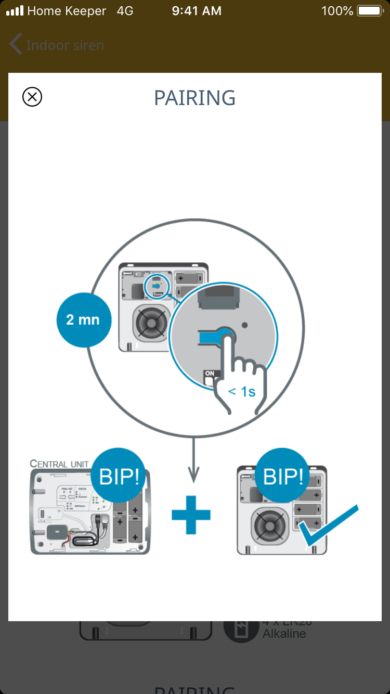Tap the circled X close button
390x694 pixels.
pyautogui.click(x=32, y=97)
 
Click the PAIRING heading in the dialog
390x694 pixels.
pyautogui.click(x=195, y=98)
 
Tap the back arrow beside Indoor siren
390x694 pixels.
pyautogui.click(x=16, y=45)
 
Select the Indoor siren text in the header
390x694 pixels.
pyautogui.click(x=65, y=45)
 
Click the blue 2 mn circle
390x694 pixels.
pyautogui.click(x=84, y=319)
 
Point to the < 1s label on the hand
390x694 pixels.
pyautogui.click(x=242, y=391)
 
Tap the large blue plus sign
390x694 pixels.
pyautogui.click(x=191, y=515)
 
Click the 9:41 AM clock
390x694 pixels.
pyautogui.click(x=197, y=11)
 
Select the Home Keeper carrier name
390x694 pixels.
pyautogui.click(x=67, y=11)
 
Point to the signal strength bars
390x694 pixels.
pyautogui.click(x=15, y=11)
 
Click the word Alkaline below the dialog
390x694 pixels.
pyautogui.click(x=284, y=634)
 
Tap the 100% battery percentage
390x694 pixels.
pyautogui.click(x=337, y=11)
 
